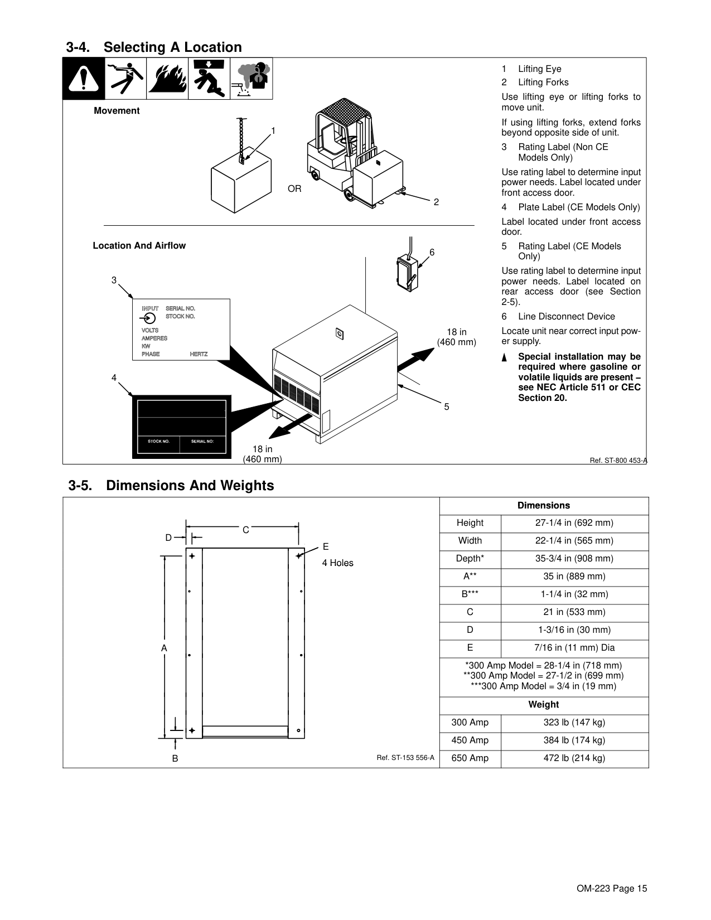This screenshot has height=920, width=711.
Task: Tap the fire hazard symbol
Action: (168, 78)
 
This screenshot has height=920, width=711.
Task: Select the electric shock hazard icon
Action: (126, 78)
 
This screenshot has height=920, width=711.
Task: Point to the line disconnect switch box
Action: (408, 273)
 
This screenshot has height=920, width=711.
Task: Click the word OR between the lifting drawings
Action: (295, 189)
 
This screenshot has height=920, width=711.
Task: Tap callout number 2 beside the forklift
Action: (436, 202)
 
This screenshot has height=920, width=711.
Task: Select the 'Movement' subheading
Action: (117, 110)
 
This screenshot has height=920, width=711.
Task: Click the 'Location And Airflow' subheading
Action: (139, 245)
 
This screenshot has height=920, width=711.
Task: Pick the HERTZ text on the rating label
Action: (199, 355)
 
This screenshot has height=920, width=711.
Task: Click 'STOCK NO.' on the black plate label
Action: (158, 441)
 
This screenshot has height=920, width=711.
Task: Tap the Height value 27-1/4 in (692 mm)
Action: (574, 523)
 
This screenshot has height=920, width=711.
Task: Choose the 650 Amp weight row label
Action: (470, 758)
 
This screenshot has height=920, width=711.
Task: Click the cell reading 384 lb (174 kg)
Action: (574, 740)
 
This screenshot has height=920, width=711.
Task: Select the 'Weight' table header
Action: (544, 705)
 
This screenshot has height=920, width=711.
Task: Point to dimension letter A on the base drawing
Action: (164, 648)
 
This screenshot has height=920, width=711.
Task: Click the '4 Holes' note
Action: (337, 563)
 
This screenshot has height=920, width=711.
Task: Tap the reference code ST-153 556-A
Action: (405, 757)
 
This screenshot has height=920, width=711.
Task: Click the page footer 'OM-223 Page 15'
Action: (612, 888)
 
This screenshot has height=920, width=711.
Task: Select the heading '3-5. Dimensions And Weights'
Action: (171, 485)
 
